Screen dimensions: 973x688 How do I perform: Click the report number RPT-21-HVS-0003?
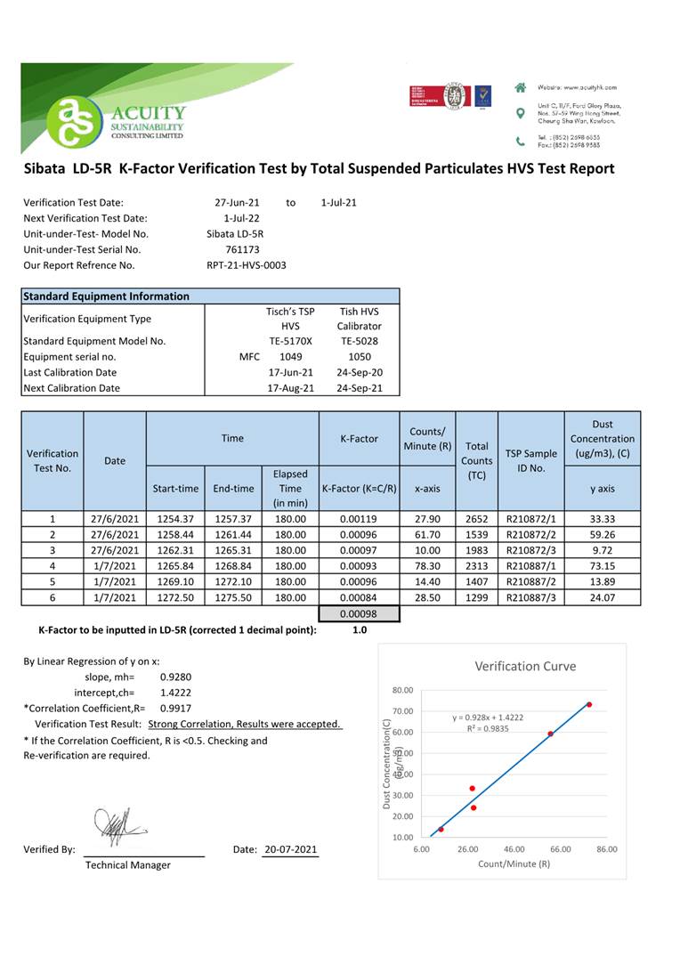246,265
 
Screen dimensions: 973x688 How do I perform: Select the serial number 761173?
242,249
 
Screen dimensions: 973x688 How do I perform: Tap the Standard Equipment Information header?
106,296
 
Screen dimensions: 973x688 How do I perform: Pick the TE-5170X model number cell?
290,341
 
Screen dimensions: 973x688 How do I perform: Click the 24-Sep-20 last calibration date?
360,372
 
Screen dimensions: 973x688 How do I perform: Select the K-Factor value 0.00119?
360,519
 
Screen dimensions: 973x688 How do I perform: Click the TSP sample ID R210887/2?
531,582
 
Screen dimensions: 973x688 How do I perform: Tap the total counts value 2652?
476,519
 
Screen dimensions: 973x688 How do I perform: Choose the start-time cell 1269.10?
175,582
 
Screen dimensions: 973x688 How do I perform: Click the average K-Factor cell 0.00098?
360,613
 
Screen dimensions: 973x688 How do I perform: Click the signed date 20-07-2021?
290,849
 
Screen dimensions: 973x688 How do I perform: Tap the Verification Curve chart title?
524,666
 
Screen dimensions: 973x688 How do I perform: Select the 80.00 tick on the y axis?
402,690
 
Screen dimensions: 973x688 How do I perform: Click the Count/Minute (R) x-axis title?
514,864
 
